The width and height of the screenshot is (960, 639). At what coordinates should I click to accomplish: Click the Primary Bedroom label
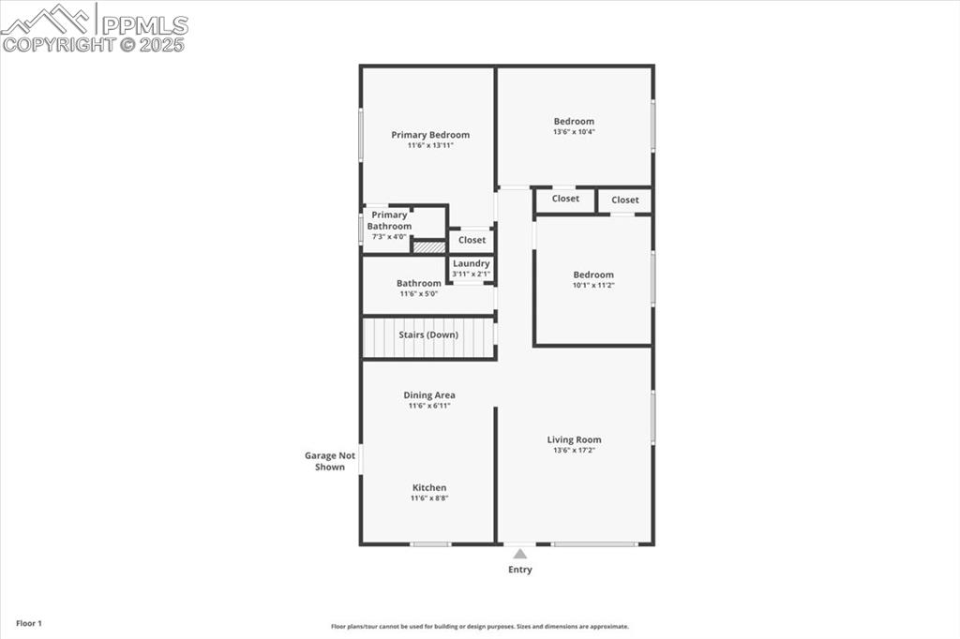coord(430,135)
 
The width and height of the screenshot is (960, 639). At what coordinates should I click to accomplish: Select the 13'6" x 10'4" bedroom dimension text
coord(574,132)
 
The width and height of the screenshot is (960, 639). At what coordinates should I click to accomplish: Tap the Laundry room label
coord(471,263)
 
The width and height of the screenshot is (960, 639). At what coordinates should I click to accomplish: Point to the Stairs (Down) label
coord(427,334)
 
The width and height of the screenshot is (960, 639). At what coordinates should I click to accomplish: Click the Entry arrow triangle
coord(519,554)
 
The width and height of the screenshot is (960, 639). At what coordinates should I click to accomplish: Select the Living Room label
coord(574,439)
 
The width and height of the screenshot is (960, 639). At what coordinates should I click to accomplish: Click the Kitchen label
coord(429,487)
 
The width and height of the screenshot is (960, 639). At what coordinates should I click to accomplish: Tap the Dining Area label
coord(429,395)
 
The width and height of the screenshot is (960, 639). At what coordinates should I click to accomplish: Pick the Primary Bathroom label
coord(389,220)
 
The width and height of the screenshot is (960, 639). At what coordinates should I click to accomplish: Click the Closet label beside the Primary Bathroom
coord(472,240)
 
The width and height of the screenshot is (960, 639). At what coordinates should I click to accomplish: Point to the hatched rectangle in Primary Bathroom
coord(428,247)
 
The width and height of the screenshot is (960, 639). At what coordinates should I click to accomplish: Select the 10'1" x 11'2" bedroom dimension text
coord(593,286)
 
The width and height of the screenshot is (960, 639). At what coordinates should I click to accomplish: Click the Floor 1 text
coord(29,623)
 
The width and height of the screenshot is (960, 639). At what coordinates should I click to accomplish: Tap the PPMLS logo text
coord(144,24)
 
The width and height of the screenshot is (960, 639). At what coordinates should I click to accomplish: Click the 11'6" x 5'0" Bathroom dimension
coord(418,294)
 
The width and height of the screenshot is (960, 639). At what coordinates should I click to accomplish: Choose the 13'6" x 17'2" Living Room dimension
coord(574,451)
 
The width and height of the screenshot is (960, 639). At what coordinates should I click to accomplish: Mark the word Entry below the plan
coord(519,570)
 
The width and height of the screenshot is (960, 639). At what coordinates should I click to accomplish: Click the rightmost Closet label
coord(624,200)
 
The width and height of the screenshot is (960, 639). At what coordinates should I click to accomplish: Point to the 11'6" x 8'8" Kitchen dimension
coord(429,498)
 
